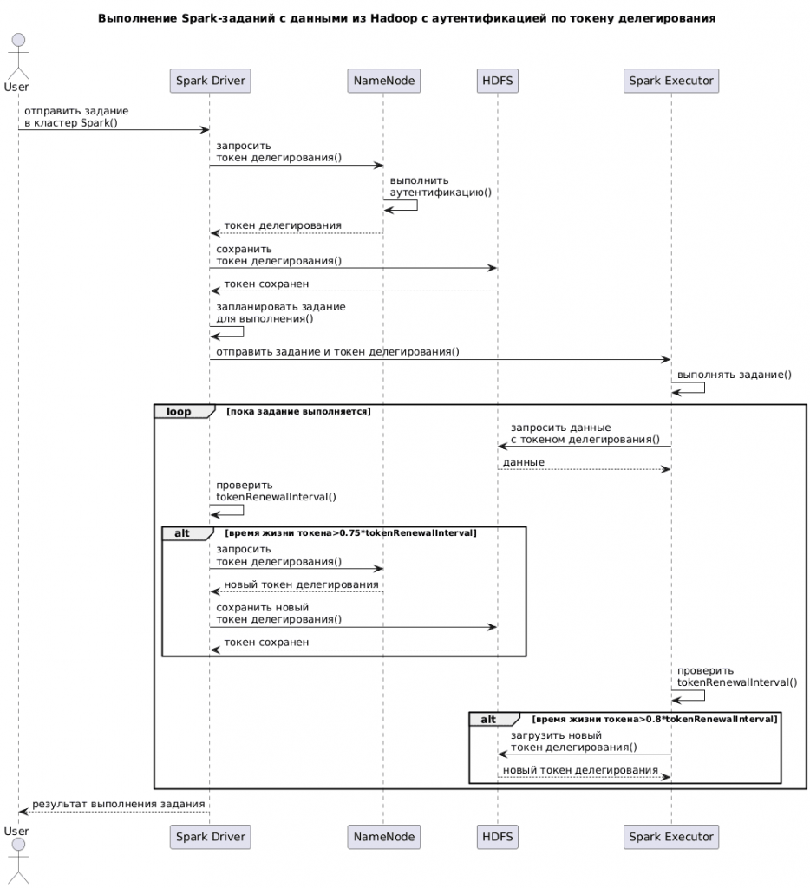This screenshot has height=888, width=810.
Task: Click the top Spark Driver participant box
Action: click(x=210, y=81)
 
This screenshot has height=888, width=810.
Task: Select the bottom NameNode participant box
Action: click(x=383, y=837)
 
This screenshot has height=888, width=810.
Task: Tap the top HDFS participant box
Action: click(x=497, y=81)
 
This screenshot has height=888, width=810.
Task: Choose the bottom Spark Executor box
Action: click(x=670, y=837)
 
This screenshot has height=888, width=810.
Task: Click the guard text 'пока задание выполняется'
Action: click(x=297, y=411)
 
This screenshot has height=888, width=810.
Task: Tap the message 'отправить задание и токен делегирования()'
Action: click(x=336, y=352)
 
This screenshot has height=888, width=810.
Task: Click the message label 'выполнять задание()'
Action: click(x=734, y=375)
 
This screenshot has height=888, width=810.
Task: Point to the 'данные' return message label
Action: click(x=524, y=462)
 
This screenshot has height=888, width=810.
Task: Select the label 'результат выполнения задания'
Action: click(x=119, y=804)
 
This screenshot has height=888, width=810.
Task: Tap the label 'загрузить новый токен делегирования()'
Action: click(x=573, y=741)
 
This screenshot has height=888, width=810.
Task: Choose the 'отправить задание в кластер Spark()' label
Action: click(x=75, y=117)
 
